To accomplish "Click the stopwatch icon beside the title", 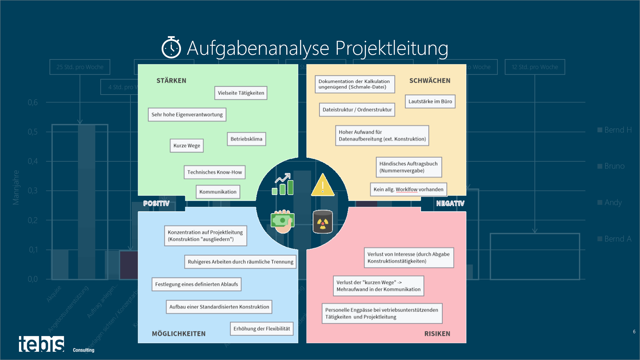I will point(171,48).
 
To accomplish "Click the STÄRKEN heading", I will point(171,81).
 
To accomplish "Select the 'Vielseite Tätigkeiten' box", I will point(241,93).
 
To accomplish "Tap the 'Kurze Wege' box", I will point(187,146).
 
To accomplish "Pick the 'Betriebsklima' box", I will point(246,139).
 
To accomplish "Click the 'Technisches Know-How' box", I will point(214,172).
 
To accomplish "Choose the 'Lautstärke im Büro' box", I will point(430,102).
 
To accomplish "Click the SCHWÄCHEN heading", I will point(430,81).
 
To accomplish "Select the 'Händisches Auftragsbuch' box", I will point(408,167).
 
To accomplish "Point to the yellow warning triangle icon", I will point(322,185).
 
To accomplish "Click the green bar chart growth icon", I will point(283,184).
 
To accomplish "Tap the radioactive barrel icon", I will point(322,222).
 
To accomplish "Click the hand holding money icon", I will point(282,221).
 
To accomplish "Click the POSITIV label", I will point(156,203).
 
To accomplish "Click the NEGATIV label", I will point(450,203).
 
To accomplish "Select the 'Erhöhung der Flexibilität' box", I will point(262,329).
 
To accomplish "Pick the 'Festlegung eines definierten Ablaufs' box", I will point(196,284).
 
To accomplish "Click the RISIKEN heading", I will point(437,334).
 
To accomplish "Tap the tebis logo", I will point(41,344).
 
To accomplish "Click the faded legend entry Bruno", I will point(614,166).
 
